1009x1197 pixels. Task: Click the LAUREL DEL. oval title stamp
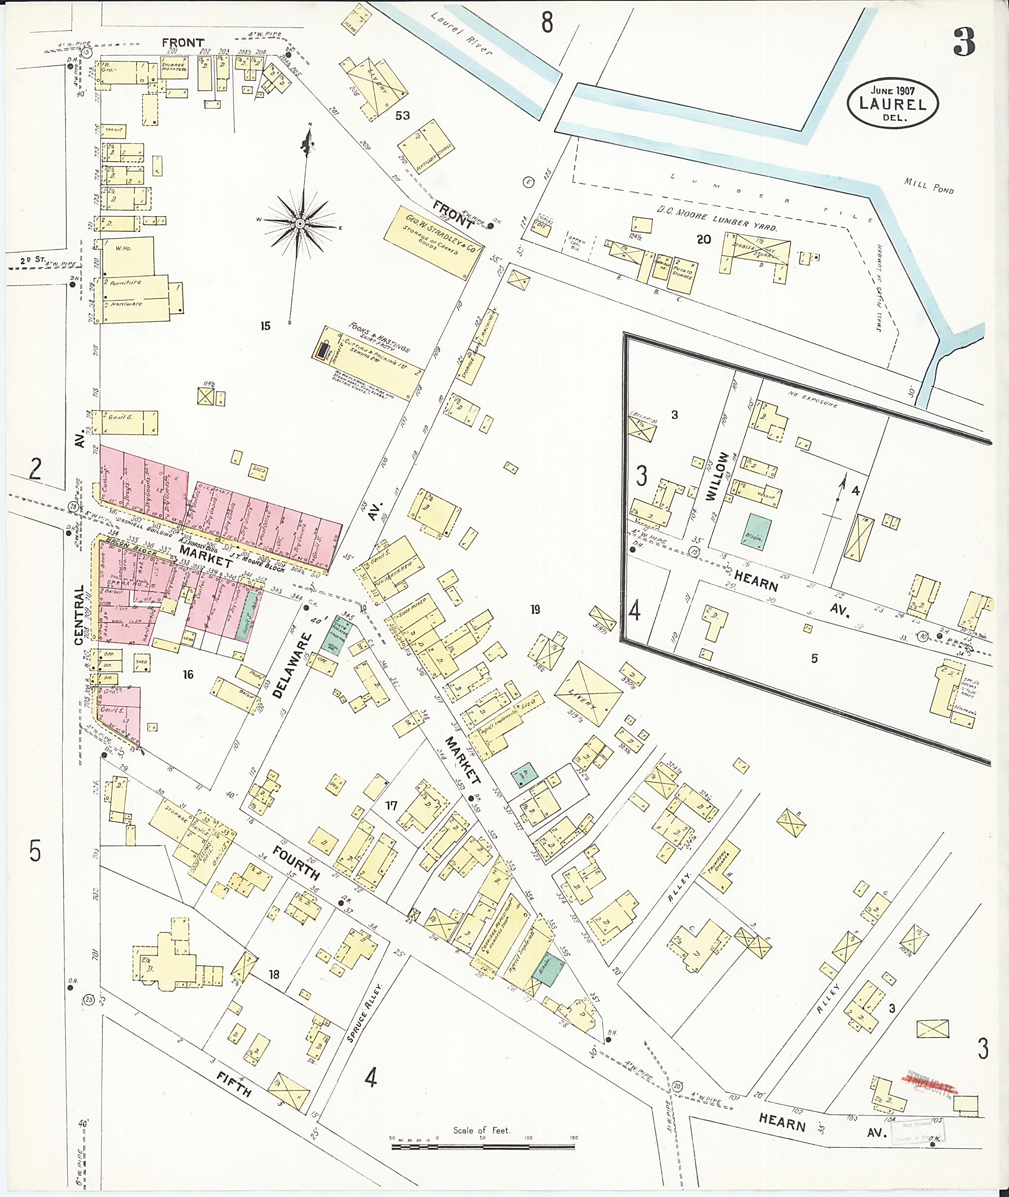(893, 103)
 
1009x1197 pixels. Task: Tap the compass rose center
(300, 223)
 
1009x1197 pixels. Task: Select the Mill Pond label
(929, 185)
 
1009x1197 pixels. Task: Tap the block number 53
(402, 116)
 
